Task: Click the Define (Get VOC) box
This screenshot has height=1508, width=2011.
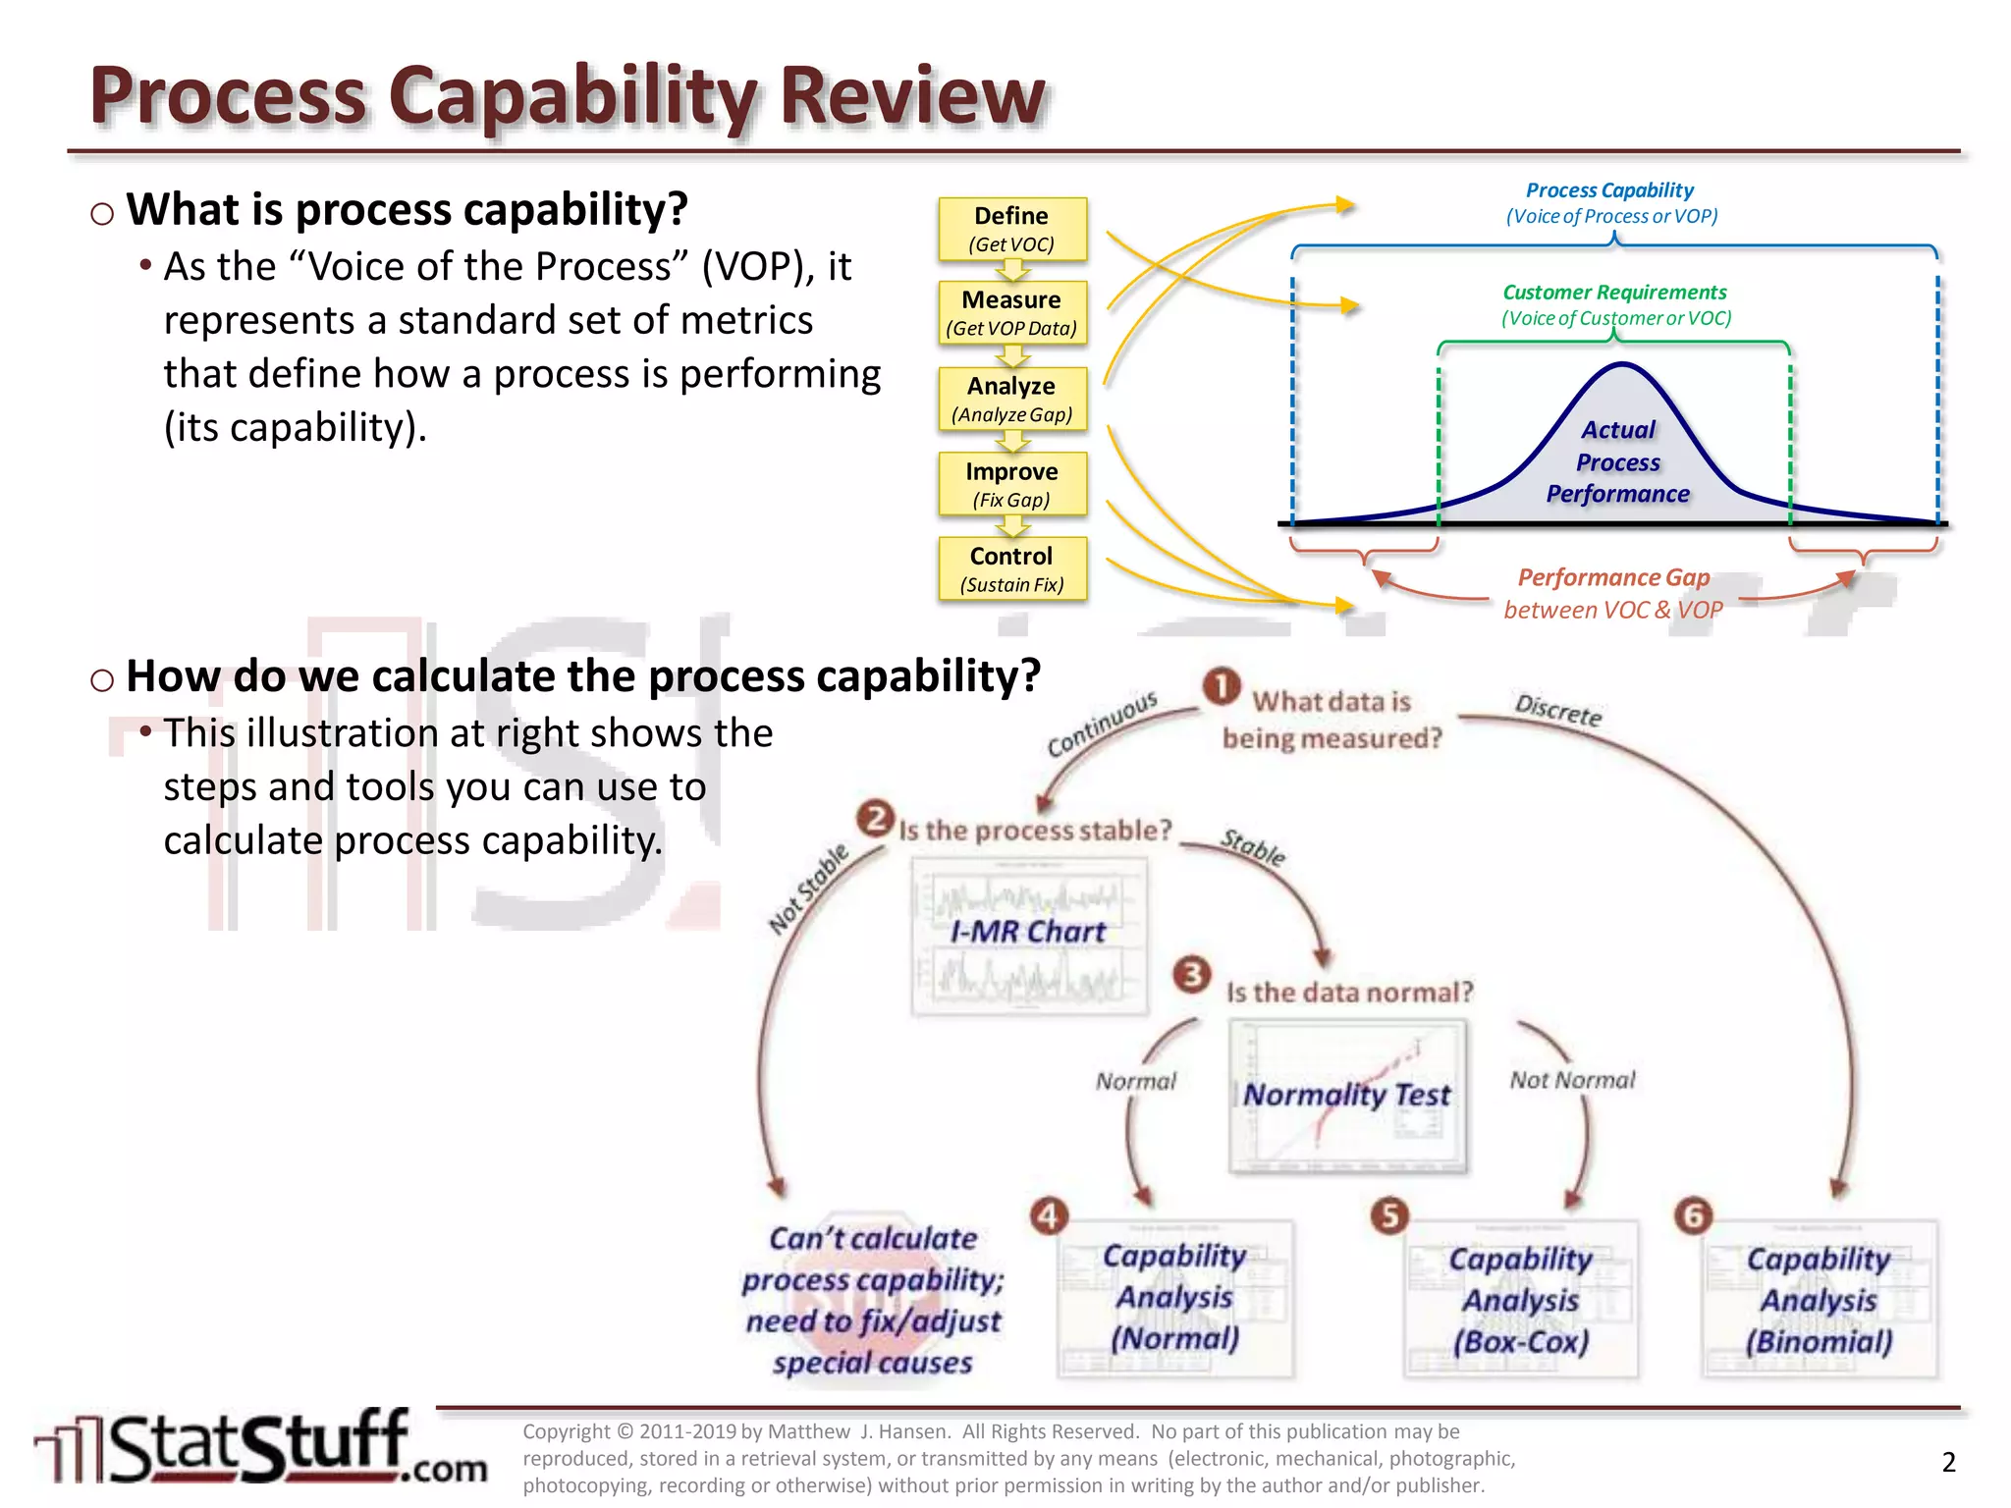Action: pos(1011,230)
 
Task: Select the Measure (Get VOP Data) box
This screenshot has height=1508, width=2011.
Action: pos(1011,313)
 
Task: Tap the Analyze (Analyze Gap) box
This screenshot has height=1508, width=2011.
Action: pos(1011,399)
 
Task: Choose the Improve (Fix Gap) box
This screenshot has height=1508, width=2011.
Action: pos(1011,484)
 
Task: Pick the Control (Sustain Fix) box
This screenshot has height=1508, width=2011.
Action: pos(1011,568)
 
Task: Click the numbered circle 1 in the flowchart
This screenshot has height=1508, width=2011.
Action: pos(1222,686)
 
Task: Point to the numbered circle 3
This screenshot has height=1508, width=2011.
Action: pos(1192,975)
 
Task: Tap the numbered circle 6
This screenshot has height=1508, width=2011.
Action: pos(1693,1215)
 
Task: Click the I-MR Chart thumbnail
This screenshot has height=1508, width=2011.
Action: pos(1029,936)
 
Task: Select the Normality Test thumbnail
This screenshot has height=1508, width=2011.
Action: pos(1347,1096)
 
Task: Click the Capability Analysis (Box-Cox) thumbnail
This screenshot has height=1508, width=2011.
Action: pos(1521,1299)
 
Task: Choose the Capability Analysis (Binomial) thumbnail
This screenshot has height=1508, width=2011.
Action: pos(1819,1299)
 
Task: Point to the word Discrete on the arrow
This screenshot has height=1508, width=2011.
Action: pos(1558,710)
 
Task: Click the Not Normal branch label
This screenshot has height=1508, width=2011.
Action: pos(1572,1080)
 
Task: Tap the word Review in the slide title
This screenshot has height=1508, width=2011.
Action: pos(912,95)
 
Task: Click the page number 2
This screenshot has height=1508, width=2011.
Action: pos(1949,1462)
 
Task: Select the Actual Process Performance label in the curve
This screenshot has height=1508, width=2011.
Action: pos(1618,461)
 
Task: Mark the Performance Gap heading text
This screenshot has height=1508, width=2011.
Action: pos(1613,577)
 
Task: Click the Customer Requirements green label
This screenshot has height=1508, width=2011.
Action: pos(1614,293)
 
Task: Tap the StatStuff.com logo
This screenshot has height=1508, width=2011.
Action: pos(260,1447)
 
